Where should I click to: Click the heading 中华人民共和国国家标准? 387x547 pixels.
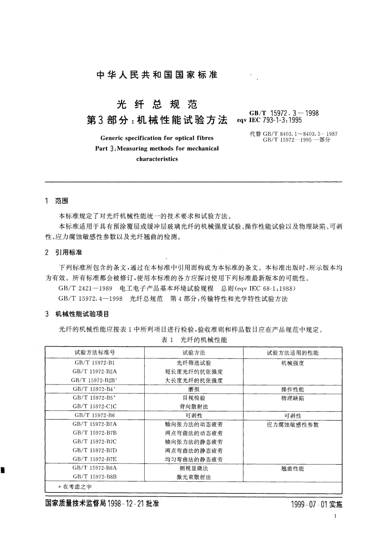coord(157,75)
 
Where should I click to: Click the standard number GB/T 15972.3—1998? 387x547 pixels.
coord(284,113)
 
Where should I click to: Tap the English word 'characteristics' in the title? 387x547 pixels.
coord(157,159)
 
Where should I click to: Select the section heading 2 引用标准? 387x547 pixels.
coord(64,252)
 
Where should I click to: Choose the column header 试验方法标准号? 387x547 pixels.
coord(95,352)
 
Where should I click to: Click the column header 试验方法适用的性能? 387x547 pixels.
coord(292,353)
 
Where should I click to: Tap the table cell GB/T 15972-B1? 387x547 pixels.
coord(95,363)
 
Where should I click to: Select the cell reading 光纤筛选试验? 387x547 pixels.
coord(194,363)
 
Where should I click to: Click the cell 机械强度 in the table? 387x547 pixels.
coord(292,363)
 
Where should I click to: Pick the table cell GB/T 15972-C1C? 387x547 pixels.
coord(95,406)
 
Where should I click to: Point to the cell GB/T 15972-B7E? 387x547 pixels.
coord(95,459)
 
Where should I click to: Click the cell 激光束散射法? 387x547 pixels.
coord(194,477)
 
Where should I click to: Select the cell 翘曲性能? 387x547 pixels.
coord(292,468)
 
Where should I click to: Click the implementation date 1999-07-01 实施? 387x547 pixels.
coord(317,504)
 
